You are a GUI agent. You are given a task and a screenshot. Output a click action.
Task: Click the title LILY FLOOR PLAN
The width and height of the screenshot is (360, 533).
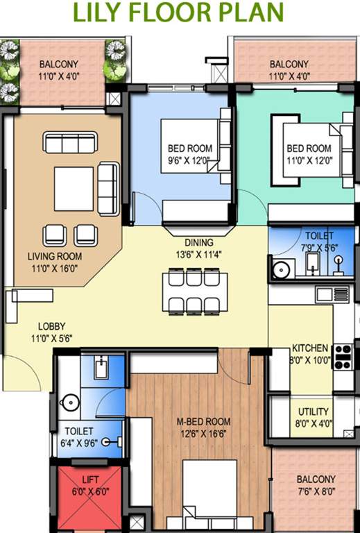[179, 13]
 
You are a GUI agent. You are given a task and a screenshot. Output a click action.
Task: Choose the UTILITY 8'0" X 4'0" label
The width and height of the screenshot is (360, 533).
[313, 417]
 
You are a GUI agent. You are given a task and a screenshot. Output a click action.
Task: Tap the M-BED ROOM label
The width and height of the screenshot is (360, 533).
[203, 427]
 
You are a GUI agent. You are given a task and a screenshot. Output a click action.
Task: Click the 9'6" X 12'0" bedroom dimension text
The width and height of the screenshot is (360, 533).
[189, 159]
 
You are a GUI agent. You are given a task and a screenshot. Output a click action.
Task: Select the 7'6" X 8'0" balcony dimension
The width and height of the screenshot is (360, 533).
[316, 491]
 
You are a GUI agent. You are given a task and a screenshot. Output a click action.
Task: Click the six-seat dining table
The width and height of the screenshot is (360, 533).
[195, 291]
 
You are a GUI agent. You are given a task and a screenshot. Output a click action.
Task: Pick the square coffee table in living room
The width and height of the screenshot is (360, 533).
[74, 189]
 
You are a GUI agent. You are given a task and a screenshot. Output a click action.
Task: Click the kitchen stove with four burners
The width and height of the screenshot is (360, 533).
[343, 356]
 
